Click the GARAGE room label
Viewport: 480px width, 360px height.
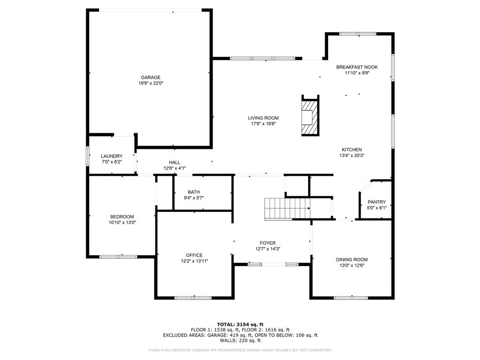tap(150, 77)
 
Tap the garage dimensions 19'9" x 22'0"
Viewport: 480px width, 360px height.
tap(150, 83)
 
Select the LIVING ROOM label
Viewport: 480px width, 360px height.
tap(263, 118)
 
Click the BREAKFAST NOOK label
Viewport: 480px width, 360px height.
tap(357, 67)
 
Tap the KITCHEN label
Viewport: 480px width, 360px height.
tap(351, 150)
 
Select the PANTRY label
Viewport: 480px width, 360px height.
tap(376, 202)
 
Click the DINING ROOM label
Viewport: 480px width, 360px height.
tap(351, 259)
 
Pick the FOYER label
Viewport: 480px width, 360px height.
tap(268, 243)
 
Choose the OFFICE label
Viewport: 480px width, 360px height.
tap(194, 255)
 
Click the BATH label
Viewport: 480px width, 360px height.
tap(194, 192)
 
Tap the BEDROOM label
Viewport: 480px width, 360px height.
tap(122, 217)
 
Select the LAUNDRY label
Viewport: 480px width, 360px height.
tap(112, 156)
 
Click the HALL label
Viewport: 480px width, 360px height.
tap(174, 162)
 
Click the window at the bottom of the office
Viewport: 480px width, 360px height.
tap(193, 298)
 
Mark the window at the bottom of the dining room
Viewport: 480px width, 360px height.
tap(351, 298)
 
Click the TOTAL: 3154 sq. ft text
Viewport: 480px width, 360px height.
tap(240, 324)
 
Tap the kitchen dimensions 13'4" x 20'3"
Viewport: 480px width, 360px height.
tap(351, 156)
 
